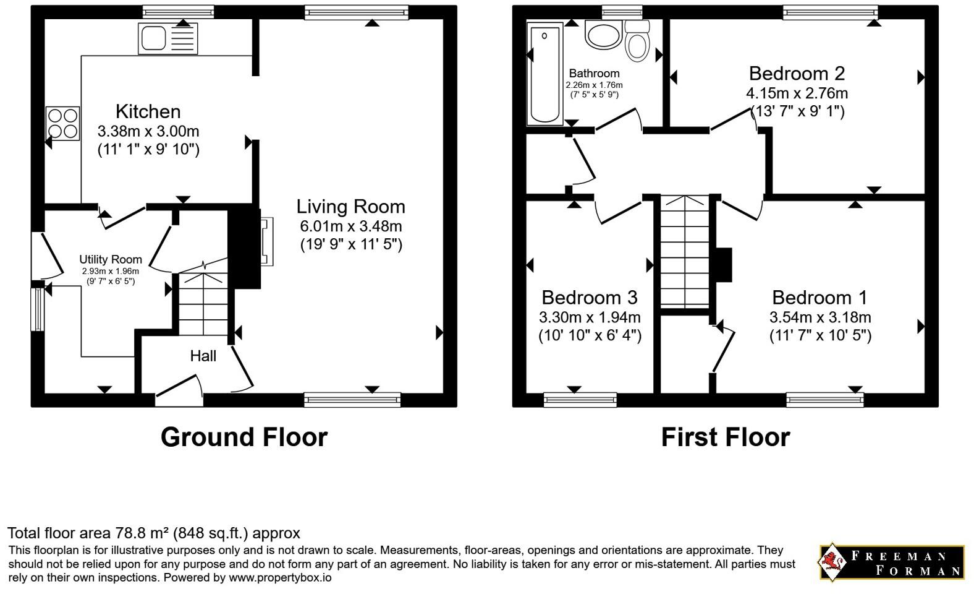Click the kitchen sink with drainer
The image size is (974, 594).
[x=168, y=38]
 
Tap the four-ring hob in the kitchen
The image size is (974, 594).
[x=62, y=123]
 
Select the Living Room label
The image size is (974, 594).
[x=350, y=207]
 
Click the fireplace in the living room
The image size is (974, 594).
[x=266, y=241]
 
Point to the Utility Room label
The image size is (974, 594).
[x=111, y=259]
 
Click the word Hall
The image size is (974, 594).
[x=203, y=356]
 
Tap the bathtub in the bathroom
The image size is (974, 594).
[x=545, y=74]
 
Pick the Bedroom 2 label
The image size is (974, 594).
[x=797, y=73]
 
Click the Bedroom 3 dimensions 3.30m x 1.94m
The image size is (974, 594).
[x=590, y=317]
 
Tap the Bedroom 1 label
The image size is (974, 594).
[x=819, y=298]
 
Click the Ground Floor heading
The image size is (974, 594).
[x=244, y=437]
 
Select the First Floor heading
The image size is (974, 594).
[x=726, y=437]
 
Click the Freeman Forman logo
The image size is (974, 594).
[x=892, y=562]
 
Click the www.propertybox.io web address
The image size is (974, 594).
[x=280, y=578]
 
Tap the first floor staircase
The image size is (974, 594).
[x=685, y=251]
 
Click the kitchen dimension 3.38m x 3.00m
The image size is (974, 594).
[x=148, y=131]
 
